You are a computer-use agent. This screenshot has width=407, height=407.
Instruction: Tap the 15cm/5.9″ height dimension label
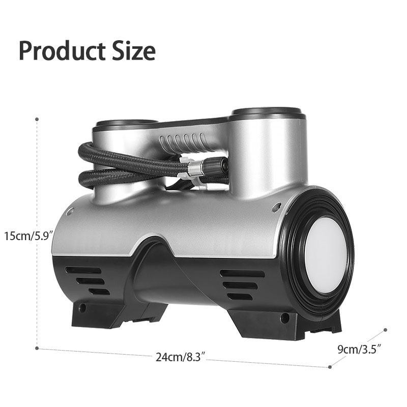coord(29,236)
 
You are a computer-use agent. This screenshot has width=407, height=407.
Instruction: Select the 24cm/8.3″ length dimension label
coord(181,357)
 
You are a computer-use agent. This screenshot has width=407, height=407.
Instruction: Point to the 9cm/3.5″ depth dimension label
coord(359,350)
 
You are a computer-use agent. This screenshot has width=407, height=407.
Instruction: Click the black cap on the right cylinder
coord(268,113)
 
